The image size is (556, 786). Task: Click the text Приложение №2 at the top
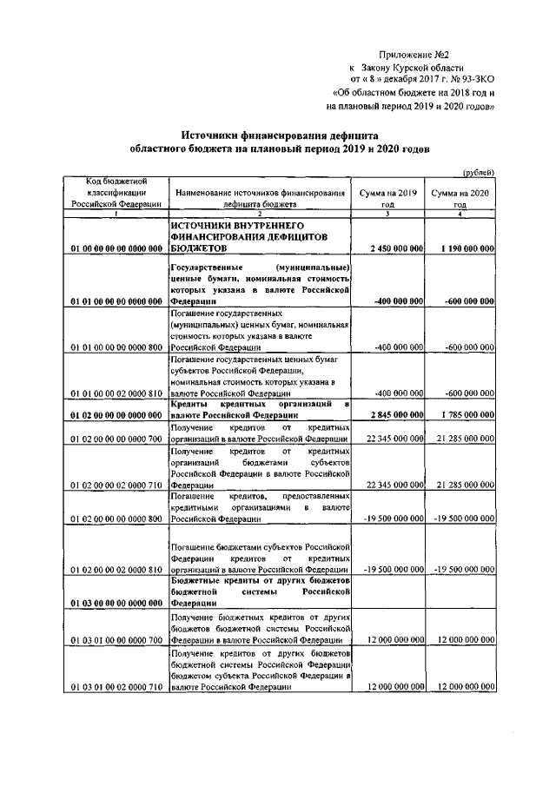pyautogui.click(x=421, y=54)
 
